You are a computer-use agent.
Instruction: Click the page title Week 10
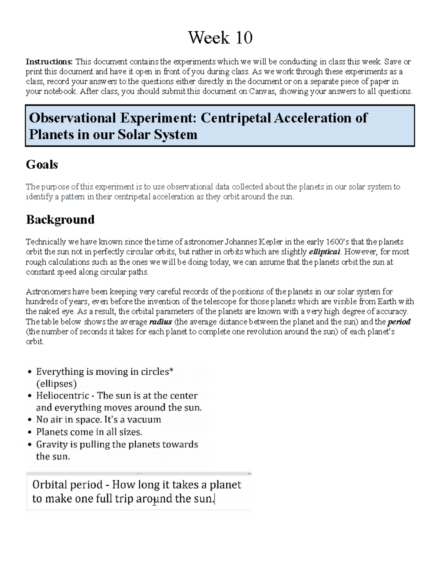coord(220,38)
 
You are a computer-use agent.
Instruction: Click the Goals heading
coord(42,164)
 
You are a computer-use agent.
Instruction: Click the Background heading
coord(60,220)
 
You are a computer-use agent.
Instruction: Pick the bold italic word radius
coord(161,322)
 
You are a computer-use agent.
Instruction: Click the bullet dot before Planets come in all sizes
coord(30,432)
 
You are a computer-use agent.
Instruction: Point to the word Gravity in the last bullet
coord(52,445)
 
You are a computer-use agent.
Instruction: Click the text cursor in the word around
coord(154,501)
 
